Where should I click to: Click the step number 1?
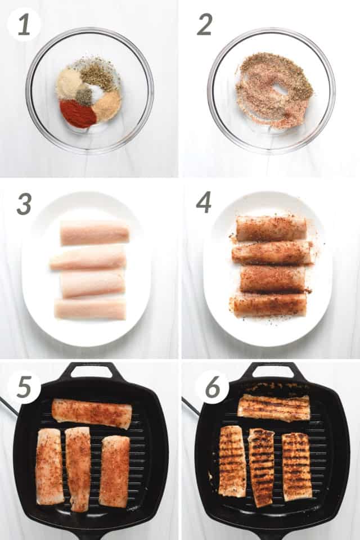[x=24, y=25]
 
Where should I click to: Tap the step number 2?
[x=204, y=25]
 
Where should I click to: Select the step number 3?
[x=24, y=204]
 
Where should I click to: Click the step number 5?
[x=24, y=386]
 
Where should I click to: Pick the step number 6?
[x=213, y=386]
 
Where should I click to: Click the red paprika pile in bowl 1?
[x=78, y=114]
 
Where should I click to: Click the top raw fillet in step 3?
[x=94, y=233]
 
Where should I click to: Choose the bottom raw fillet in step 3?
[x=90, y=309]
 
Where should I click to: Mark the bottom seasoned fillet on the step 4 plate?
[x=271, y=305]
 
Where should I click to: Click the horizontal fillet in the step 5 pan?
[x=92, y=413]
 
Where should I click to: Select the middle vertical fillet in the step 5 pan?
[x=78, y=469]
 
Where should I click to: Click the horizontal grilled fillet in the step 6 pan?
[x=274, y=408]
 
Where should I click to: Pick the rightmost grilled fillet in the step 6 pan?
[x=297, y=467]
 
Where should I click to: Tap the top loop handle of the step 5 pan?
[x=92, y=371]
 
